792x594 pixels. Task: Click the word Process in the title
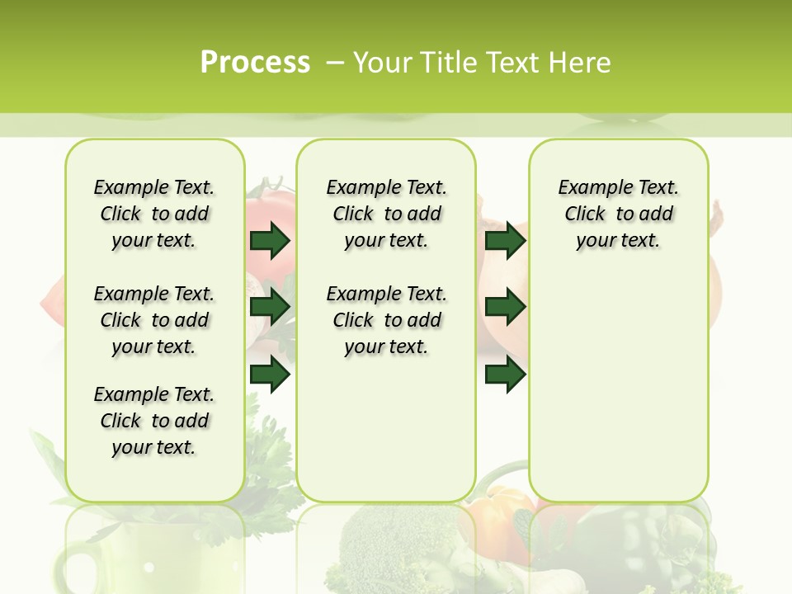255,62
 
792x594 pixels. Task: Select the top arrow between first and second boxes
270,241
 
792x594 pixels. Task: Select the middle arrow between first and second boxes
270,308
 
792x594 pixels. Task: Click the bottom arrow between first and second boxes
270,375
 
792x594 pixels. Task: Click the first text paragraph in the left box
154,214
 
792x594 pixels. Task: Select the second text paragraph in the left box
154,320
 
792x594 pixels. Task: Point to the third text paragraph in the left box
154,421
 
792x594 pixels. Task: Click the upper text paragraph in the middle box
386,214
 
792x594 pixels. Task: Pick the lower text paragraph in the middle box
386,320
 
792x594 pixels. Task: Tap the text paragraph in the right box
618,214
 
